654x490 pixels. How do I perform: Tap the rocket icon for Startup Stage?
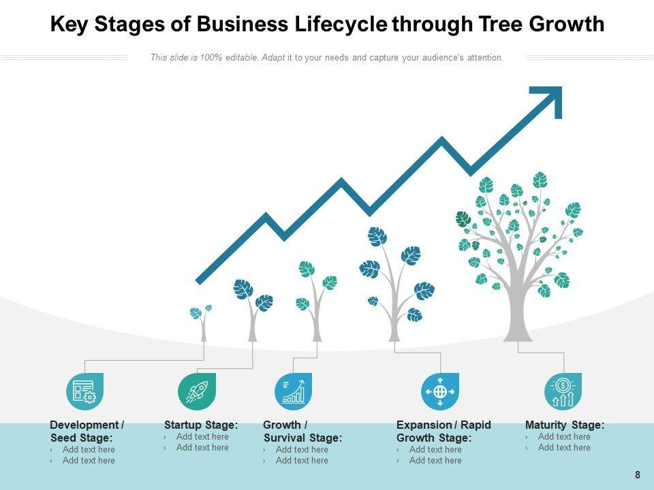[x=197, y=391]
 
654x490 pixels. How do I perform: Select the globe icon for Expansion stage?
[x=440, y=391]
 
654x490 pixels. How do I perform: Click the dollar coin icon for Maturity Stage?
[x=563, y=391]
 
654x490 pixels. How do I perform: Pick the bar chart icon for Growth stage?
[x=293, y=391]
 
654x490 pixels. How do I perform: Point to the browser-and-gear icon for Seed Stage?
[x=84, y=391]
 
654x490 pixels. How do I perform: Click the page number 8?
[x=638, y=475]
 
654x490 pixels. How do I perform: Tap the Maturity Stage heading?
[x=564, y=425]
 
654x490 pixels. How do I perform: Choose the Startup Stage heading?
[x=201, y=425]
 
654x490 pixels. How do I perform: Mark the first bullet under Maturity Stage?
[x=563, y=437]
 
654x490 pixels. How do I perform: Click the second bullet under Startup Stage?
[x=202, y=448]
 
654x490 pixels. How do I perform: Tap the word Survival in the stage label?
[x=285, y=438]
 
